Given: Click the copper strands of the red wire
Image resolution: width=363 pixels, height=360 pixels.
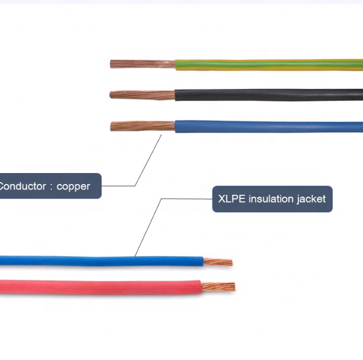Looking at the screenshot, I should click(x=218, y=287).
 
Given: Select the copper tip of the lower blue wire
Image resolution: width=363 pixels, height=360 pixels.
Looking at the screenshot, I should click(x=218, y=262).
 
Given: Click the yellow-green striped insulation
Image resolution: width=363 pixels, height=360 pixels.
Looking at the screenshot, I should click(x=266, y=65).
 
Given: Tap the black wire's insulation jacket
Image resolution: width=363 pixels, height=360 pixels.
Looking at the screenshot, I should click(x=266, y=96).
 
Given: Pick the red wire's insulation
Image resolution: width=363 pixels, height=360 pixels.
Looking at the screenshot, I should click(x=97, y=286).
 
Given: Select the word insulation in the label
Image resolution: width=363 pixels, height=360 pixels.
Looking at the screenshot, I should click(x=270, y=198).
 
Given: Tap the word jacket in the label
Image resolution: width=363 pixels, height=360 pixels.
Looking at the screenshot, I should click(x=311, y=199).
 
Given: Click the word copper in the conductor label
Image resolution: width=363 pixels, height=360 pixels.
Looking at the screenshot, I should click(x=73, y=186).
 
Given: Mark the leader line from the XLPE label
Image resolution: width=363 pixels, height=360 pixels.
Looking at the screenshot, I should click(x=148, y=227).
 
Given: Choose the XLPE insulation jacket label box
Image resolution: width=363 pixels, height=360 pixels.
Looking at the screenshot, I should click(x=272, y=198).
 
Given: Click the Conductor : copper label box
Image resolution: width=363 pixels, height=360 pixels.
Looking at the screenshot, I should click(x=48, y=186).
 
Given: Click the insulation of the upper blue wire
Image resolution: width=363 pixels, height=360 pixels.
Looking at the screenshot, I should click(x=266, y=126).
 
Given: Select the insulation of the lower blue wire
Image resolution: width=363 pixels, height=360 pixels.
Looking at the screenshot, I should click(x=97, y=261).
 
